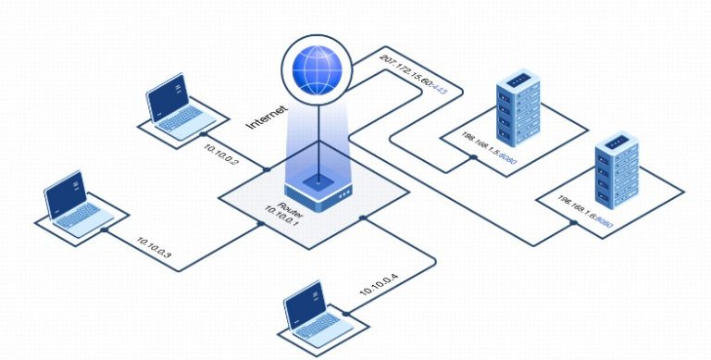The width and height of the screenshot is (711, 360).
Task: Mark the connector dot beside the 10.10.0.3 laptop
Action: point(107,229)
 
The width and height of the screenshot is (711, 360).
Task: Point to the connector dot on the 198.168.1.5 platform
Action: point(472,157)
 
